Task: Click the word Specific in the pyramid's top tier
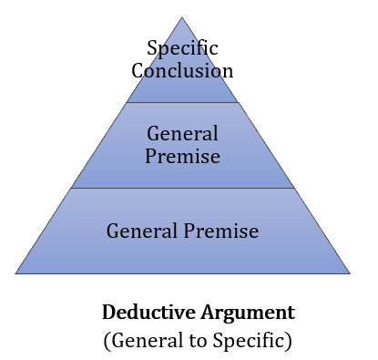182,47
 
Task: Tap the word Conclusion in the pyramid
182,70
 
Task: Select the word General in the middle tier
182,134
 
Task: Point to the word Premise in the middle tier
182,156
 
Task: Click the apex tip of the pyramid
182,17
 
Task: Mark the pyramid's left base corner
15,273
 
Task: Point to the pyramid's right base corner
350,273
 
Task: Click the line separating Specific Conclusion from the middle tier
182,102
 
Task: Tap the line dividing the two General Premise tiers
182,188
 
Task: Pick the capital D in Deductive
108,313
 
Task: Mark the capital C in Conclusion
138,70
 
